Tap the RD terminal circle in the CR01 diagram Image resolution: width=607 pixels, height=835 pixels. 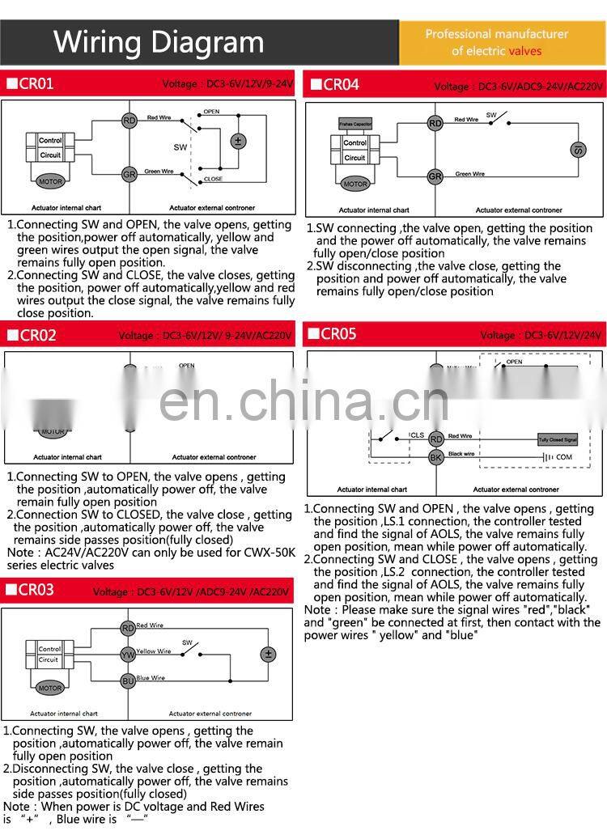click(129, 121)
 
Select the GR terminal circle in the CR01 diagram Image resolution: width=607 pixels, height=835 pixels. click(129, 174)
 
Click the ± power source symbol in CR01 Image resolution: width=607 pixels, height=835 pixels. click(238, 141)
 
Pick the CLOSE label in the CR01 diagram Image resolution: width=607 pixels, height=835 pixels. click(213, 179)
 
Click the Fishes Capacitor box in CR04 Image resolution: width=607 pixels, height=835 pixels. click(354, 124)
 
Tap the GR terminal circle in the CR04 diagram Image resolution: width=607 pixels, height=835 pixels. click(435, 176)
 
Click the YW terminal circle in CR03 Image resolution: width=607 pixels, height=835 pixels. click(128, 654)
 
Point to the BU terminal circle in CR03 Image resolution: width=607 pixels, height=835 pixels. click(128, 680)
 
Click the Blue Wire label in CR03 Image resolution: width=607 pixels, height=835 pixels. click(151, 677)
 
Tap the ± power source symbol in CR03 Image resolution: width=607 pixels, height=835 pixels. click(268, 654)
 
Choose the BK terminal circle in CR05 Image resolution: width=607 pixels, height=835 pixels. click(436, 457)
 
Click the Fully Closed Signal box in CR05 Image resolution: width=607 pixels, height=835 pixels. click(558, 439)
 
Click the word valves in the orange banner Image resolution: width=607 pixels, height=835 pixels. click(525, 51)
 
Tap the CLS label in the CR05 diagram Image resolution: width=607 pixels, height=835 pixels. click(417, 435)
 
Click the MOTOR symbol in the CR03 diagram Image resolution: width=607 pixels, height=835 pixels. click(49, 688)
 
